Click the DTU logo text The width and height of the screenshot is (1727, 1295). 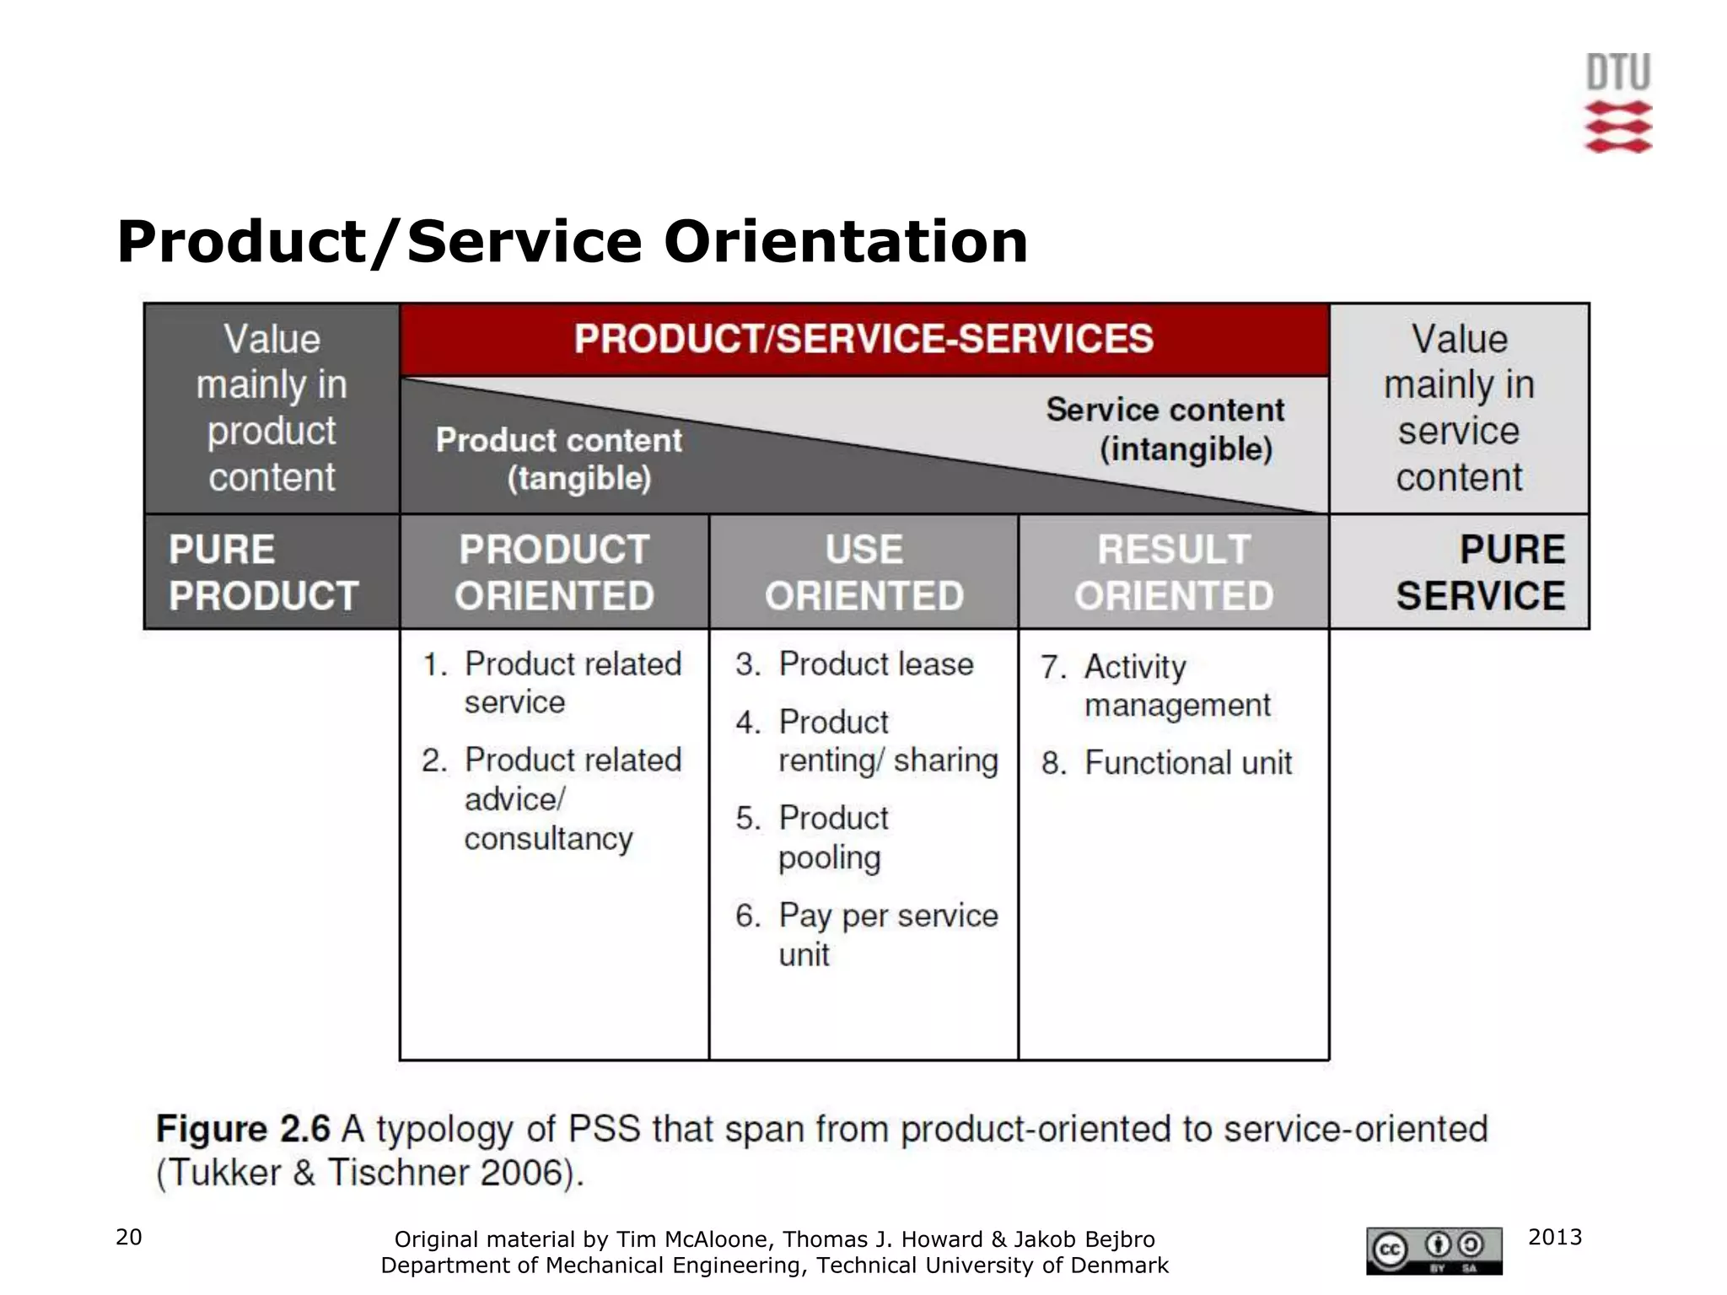[1617, 73]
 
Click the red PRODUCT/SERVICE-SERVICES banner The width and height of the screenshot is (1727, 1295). [863, 339]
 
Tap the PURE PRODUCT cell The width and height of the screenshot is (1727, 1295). [263, 572]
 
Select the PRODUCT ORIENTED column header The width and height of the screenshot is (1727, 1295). [554, 572]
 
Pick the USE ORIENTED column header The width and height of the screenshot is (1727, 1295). [863, 572]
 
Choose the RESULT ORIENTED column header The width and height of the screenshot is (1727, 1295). [1173, 572]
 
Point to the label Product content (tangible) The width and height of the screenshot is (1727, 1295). [560, 459]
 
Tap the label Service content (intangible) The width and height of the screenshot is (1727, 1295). [1166, 429]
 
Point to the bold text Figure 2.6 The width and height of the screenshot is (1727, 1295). [242, 1129]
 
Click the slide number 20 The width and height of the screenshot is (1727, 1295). [128, 1237]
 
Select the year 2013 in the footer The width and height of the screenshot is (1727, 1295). [1554, 1237]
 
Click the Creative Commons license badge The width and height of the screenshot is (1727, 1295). [1434, 1251]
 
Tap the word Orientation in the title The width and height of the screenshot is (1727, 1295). [845, 242]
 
